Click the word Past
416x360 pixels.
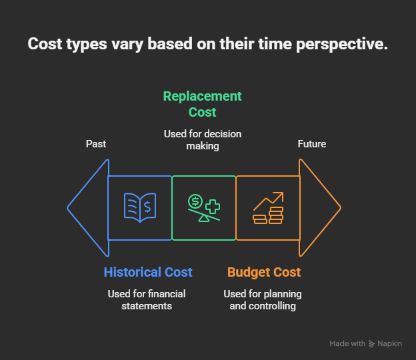pos(96,144)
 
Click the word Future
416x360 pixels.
pos(312,144)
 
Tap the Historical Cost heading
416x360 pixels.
pos(148,272)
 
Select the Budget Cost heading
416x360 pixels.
pos(264,273)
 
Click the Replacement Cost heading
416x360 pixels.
pos(203,104)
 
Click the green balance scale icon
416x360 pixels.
pos(204,208)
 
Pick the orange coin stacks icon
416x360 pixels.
pos(268,208)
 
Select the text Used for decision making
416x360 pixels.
pos(203,140)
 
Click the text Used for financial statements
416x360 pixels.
pos(147,300)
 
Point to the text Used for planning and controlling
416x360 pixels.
pos(263,300)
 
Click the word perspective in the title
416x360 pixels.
pos(342,44)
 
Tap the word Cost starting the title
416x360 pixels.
pos(45,44)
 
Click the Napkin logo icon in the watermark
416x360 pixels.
pos(372,344)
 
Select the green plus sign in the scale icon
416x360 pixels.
pos(213,207)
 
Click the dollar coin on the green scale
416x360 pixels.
pos(195,201)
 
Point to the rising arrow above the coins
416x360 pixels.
pos(269,201)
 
